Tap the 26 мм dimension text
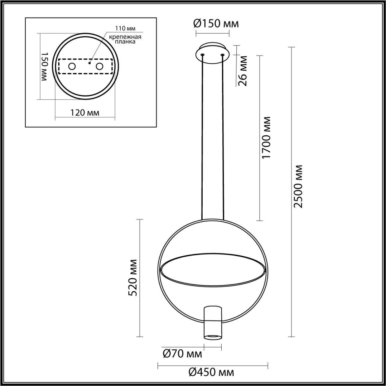click(243, 71)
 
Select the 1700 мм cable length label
click(267, 138)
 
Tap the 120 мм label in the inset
click(85, 113)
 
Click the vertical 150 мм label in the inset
click(44, 66)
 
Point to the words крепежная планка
click(125, 40)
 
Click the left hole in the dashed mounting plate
click(72, 66)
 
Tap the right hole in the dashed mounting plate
click(99, 66)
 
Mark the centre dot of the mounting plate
click(89, 63)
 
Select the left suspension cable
click(202, 136)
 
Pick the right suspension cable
click(223, 136)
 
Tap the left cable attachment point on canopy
click(202, 55)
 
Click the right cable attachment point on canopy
click(223, 55)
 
